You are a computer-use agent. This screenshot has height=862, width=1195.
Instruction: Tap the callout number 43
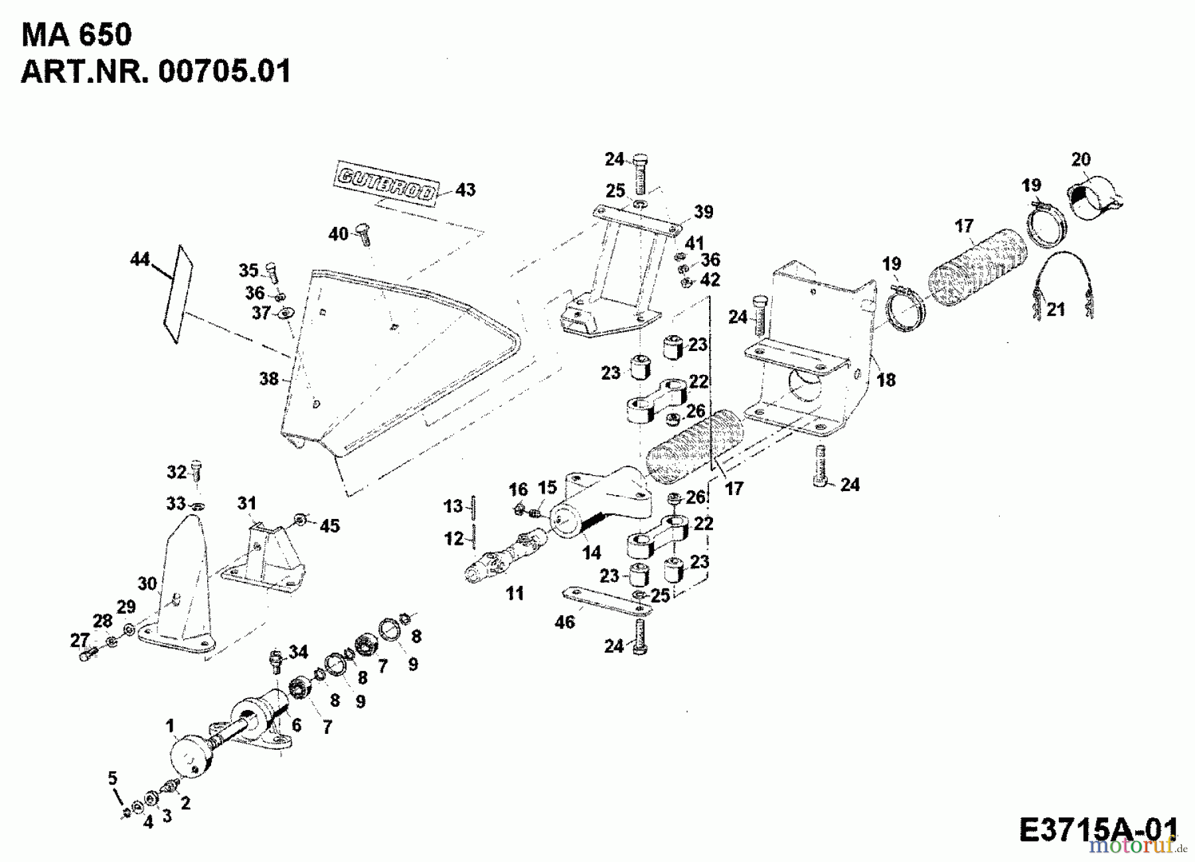coord(465,190)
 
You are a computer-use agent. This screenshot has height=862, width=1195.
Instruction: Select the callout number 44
coord(140,259)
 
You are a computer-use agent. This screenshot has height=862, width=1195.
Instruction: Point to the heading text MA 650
coord(76,35)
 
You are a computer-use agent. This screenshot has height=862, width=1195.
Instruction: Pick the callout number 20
coord(1081,159)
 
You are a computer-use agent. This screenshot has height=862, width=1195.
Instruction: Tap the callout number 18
coord(886,380)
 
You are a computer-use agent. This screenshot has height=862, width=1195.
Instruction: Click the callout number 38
coord(269,379)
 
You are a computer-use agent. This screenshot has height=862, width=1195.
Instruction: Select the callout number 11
coord(515,593)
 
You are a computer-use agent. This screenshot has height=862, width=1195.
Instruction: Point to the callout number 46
coord(565,622)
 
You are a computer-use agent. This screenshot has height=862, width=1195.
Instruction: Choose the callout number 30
coord(147,583)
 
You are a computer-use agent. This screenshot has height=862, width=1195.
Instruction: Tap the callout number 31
coord(247,503)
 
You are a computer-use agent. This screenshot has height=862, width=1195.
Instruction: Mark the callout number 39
coord(703,212)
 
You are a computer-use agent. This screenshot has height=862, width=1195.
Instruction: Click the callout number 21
coord(1056,309)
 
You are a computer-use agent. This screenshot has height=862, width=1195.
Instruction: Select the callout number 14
coord(591,552)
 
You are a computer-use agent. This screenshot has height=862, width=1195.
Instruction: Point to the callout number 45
coord(329,526)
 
